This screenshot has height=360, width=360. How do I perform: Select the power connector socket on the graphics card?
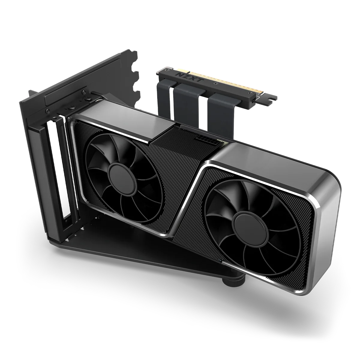pos(202,140)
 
